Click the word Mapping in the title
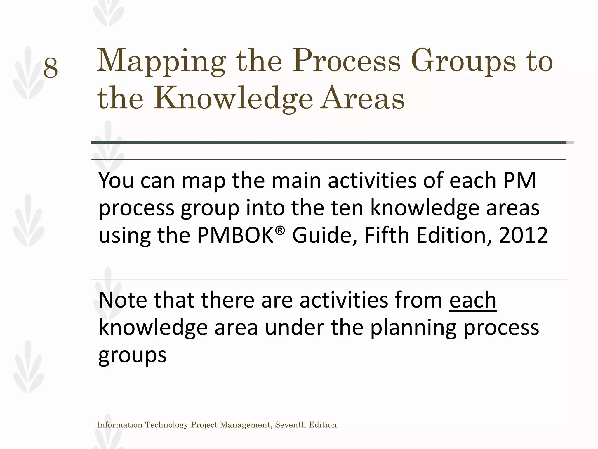[161, 62]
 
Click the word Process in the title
[346, 62]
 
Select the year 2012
[523, 235]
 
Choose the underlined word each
[473, 300]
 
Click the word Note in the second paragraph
[123, 300]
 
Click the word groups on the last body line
[132, 355]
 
